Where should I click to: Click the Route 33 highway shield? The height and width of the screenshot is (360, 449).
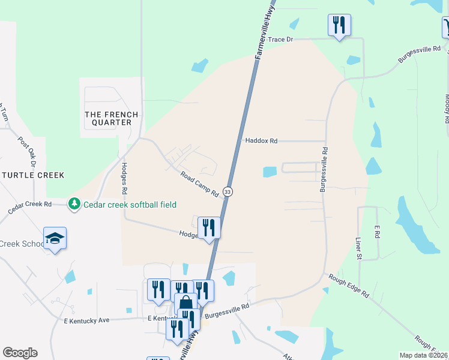228,191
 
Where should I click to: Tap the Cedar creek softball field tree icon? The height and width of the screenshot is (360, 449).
74,205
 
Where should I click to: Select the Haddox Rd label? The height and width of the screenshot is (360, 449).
261,141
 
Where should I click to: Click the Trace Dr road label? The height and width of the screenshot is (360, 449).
280,39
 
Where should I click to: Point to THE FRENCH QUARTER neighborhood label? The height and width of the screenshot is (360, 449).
111,118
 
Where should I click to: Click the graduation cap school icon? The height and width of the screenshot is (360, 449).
55,238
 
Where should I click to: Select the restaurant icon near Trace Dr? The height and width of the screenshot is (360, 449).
339,25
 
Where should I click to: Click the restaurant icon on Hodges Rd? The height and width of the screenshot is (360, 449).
209,227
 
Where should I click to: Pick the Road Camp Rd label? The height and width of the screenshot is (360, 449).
199,184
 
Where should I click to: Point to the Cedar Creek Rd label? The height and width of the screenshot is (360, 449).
30,208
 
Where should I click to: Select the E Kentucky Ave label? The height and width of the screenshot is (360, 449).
86,320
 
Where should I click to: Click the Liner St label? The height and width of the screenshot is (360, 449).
358,248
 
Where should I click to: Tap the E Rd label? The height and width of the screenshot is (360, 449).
377,232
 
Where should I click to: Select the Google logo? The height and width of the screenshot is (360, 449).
20,353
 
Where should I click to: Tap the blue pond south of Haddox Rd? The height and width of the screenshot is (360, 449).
270,172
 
